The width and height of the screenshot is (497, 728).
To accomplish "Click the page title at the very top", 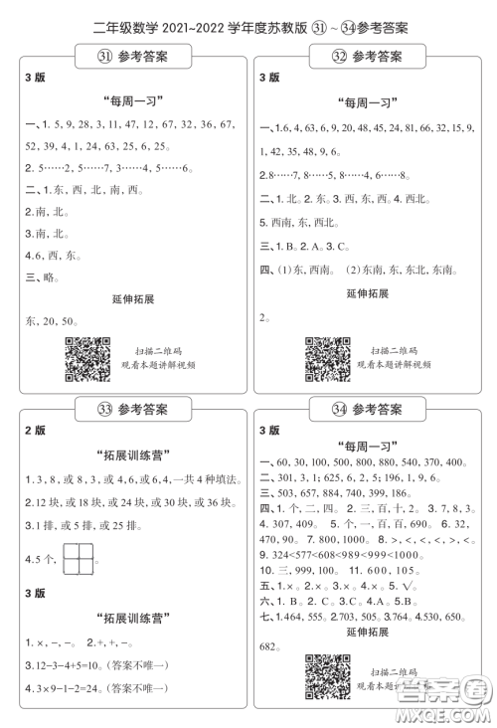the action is [x=248, y=27].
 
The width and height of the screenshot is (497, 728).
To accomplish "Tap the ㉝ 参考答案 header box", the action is [x=132, y=408].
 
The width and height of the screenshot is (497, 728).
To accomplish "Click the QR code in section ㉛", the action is [x=86, y=357].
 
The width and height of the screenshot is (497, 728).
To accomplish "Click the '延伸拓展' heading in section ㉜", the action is [x=368, y=294].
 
